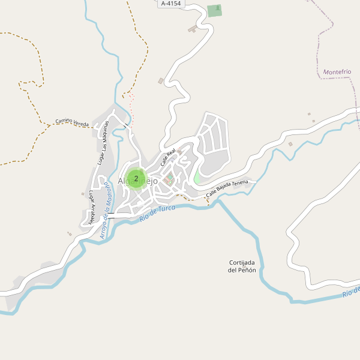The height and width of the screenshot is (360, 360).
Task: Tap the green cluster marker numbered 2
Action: [x=136, y=178]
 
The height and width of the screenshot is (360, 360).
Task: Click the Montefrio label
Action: [x=337, y=72]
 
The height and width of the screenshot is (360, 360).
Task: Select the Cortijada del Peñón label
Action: [x=242, y=266]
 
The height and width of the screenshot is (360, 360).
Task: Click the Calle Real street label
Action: [x=167, y=158]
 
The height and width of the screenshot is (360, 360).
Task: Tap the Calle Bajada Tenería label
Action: [x=227, y=190]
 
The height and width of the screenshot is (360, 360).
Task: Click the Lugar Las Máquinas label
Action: [x=103, y=143]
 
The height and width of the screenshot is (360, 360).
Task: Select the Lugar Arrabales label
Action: [x=91, y=208]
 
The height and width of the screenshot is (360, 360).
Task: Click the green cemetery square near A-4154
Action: [x=214, y=10]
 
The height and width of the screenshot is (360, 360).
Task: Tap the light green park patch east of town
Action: [x=197, y=178]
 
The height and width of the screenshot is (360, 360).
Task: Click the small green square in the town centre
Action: [x=170, y=177]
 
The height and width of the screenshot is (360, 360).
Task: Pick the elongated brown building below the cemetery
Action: [x=192, y=28]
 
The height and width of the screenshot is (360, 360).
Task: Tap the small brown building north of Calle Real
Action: [x=161, y=80]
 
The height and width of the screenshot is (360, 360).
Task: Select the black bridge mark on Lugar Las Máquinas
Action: [x=125, y=125]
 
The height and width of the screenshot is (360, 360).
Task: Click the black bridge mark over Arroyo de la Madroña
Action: [x=110, y=214]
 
